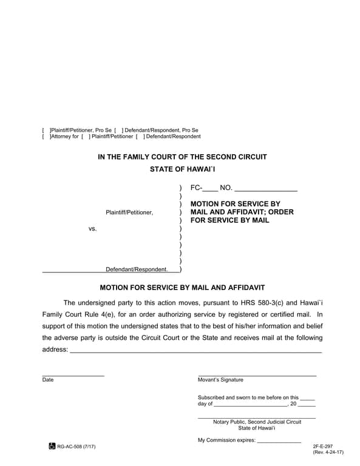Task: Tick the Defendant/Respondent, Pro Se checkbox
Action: [x=118, y=130]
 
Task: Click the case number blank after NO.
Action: [x=265, y=189]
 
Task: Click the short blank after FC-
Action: [x=209, y=189]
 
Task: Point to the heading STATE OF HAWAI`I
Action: [x=182, y=169]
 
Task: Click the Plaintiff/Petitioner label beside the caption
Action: [x=129, y=212]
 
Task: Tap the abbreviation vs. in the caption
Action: [x=93, y=229]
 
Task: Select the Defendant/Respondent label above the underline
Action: [x=137, y=269]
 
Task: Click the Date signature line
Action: [x=73, y=376]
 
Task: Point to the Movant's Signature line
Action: [x=257, y=376]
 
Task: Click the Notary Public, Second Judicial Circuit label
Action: [x=257, y=422]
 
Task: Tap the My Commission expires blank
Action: [x=279, y=441]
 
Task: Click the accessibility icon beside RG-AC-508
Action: [x=52, y=447]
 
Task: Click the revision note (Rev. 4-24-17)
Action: [x=328, y=453]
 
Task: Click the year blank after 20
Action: [x=307, y=404]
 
